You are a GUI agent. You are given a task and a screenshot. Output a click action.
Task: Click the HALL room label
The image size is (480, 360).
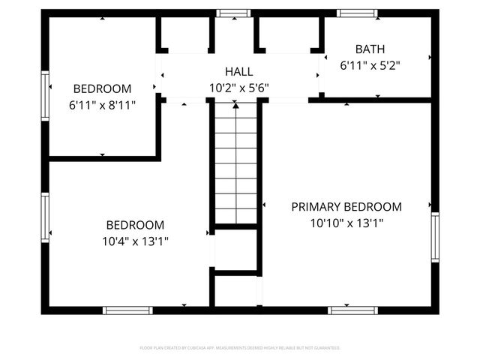pyautogui.click(x=239, y=72)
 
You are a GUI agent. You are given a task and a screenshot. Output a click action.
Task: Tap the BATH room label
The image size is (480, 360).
pyautogui.click(x=370, y=49)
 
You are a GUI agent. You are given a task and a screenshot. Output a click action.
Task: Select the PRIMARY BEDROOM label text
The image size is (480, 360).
pyautogui.click(x=346, y=207)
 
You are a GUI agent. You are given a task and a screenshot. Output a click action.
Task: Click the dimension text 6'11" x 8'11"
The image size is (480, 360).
pyautogui.click(x=102, y=105)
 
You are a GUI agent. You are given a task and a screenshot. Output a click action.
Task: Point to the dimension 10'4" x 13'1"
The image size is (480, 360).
pyautogui.click(x=135, y=241)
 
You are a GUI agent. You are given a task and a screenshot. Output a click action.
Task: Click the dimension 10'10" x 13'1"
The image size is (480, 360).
pyautogui.click(x=346, y=223)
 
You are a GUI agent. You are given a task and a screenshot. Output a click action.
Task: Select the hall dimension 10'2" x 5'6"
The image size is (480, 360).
pyautogui.click(x=239, y=88)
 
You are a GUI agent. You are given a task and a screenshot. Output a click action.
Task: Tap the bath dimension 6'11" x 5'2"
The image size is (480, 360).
pyautogui.click(x=370, y=65)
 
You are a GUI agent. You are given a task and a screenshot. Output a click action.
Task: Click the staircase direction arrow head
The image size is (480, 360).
pyautogui.click(x=235, y=106)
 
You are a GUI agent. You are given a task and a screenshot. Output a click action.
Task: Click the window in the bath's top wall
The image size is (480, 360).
pyautogui.click(x=356, y=13)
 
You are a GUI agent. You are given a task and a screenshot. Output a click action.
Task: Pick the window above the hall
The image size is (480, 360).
pyautogui.click(x=234, y=13)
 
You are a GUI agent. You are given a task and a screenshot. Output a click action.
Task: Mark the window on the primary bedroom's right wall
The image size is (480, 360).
pyautogui.click(x=435, y=237)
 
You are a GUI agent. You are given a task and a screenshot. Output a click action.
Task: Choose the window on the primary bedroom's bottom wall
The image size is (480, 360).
pyautogui.click(x=353, y=310)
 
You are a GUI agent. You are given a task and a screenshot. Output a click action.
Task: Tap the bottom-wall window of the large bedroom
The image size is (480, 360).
pyautogui.click(x=127, y=310)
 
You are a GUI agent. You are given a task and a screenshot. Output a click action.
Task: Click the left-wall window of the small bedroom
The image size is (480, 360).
pyautogui.click(x=45, y=95)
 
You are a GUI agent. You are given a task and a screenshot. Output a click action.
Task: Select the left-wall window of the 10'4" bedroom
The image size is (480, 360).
pyautogui.click(x=45, y=217)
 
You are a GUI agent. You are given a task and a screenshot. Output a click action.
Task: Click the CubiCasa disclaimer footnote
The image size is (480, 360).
pyautogui.click(x=240, y=348)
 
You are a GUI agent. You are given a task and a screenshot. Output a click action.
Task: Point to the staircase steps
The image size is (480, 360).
pyautogui.click(x=236, y=165)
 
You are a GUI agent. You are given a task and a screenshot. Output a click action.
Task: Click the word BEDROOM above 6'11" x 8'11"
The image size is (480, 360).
pyautogui.click(x=102, y=88)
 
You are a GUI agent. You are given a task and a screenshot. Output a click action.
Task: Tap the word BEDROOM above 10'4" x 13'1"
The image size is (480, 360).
pyautogui.click(x=135, y=225)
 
